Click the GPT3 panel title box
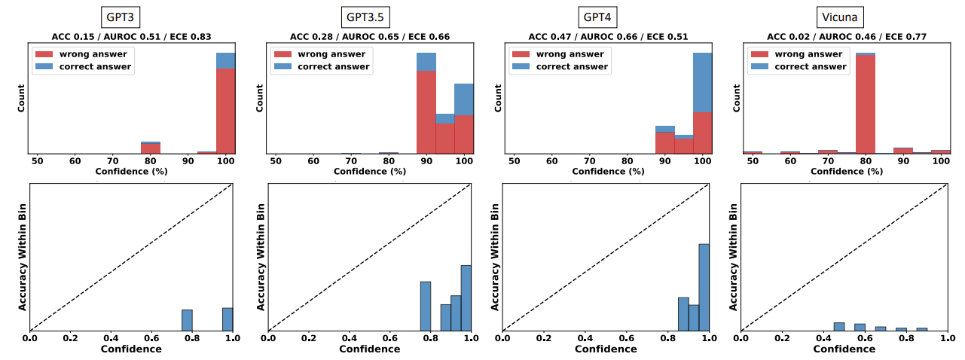[120, 17]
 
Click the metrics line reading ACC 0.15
[132, 36]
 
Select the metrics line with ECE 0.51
[608, 36]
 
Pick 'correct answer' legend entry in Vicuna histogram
[810, 66]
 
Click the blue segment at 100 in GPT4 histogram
[702, 82]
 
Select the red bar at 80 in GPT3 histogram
[151, 148]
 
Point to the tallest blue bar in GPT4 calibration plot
[704, 287]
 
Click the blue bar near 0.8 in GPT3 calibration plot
[187, 320]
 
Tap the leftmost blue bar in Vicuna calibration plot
[839, 326]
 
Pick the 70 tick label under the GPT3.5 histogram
[352, 161]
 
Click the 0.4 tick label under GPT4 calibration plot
[584, 339]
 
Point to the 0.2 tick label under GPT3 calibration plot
[70, 339]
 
